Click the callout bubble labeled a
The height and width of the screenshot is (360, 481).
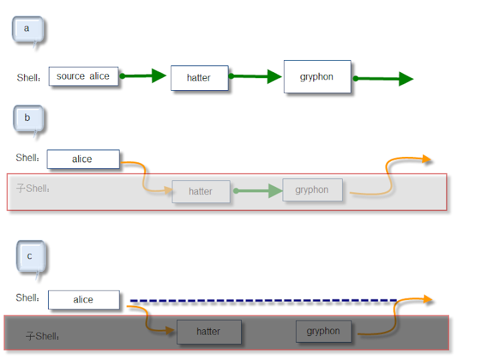27,30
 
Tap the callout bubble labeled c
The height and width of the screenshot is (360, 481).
31,258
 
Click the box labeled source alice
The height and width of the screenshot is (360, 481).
84,76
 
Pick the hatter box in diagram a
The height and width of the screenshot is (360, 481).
199,78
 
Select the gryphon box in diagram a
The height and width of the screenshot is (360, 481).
317,77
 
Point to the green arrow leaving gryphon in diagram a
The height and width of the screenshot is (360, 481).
383,79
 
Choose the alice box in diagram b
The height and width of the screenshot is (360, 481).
83,159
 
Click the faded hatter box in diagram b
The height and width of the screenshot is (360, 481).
201,191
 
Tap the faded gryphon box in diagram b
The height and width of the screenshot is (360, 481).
312,190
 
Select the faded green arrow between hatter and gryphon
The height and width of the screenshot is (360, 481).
258,191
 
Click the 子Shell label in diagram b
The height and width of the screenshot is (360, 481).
33,188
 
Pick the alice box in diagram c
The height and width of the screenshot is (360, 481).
84,300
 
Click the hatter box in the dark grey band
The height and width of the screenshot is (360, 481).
209,332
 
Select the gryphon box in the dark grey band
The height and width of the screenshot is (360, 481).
323,331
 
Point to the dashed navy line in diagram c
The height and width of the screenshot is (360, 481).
263,301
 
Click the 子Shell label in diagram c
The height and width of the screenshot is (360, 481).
42,336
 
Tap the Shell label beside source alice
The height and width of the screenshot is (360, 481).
29,77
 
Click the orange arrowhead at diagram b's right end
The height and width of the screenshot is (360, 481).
427,159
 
